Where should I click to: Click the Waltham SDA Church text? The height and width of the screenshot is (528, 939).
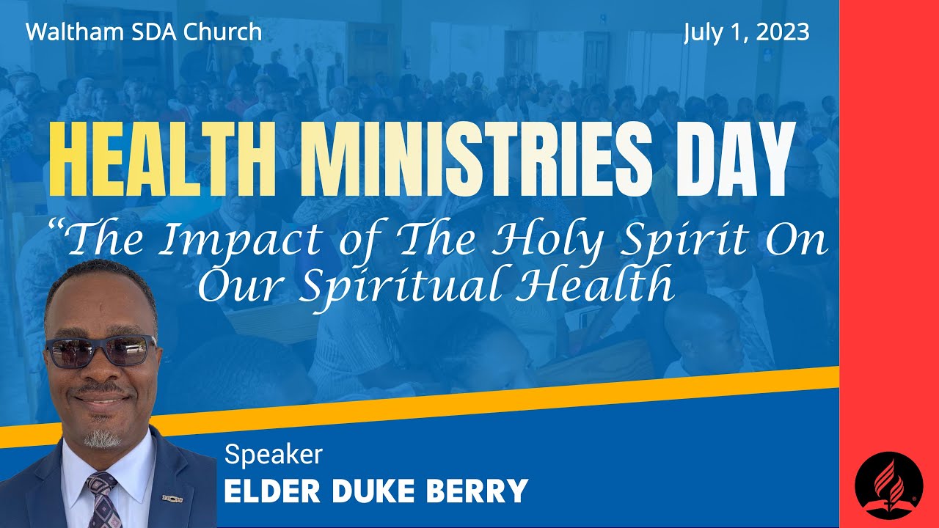144,32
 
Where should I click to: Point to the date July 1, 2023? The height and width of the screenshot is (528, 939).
746,32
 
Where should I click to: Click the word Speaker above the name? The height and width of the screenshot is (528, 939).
273,455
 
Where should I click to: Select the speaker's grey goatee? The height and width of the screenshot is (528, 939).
102,438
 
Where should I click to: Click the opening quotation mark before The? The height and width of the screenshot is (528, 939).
56,227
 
